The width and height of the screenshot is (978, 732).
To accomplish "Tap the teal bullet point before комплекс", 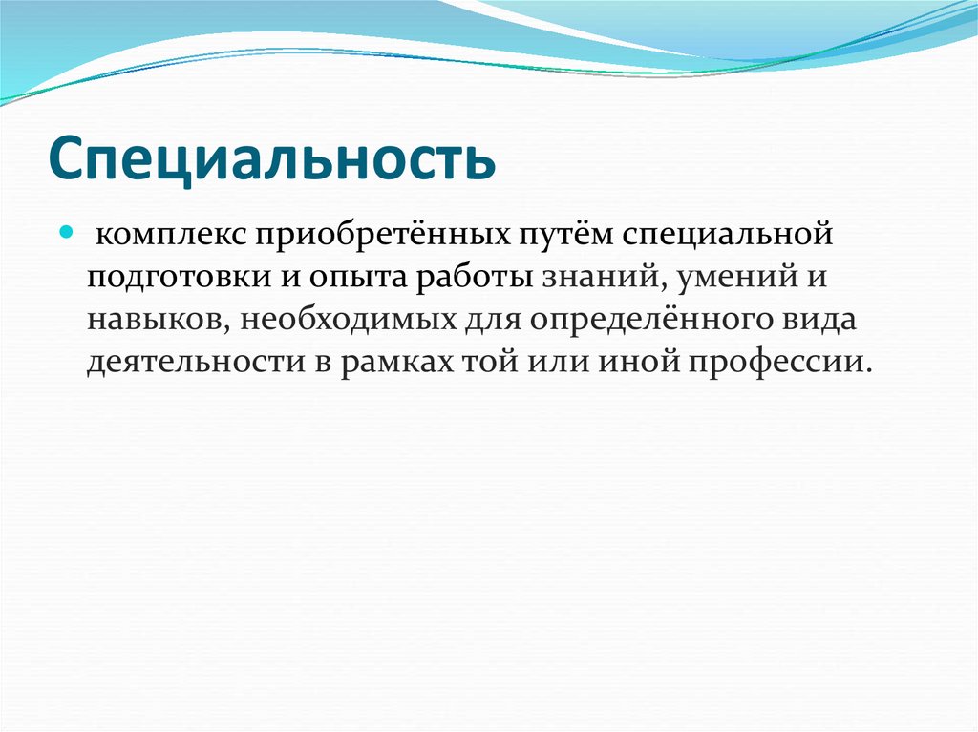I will (x=67, y=233).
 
